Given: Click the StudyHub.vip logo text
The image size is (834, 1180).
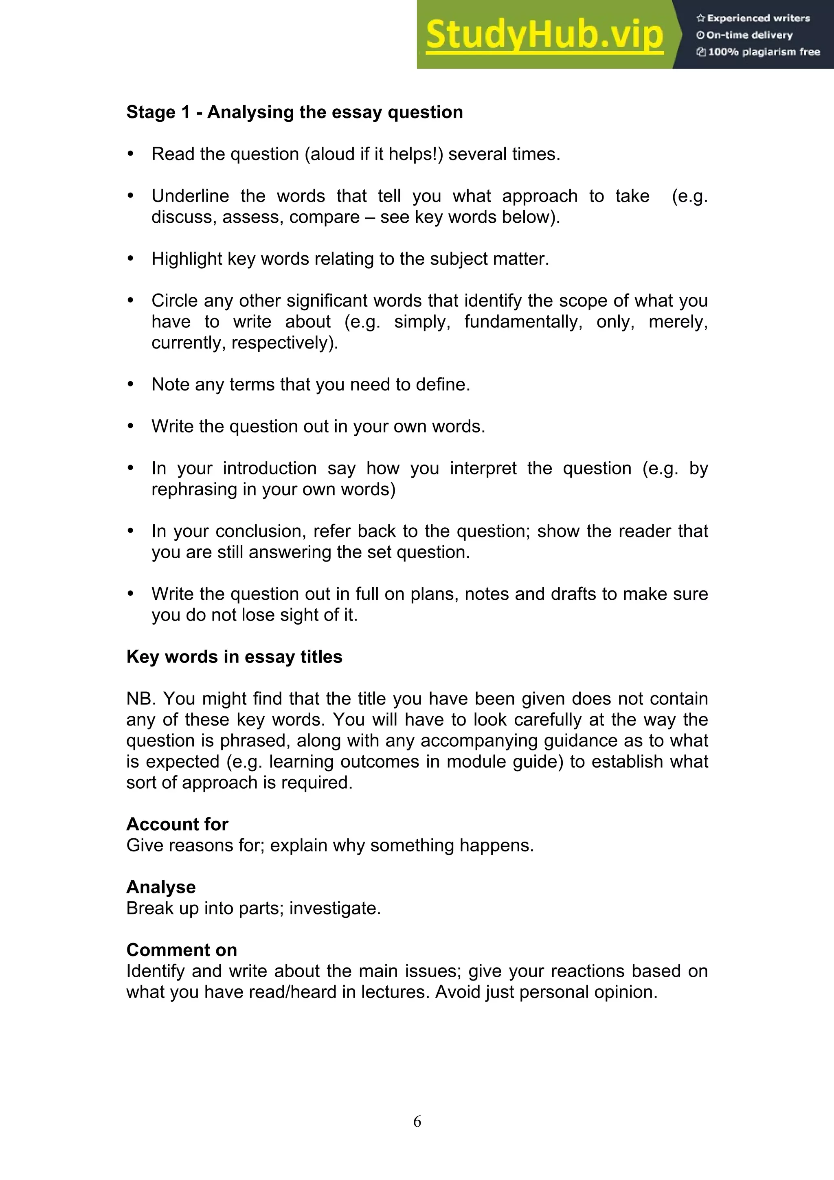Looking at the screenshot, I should tap(544, 35).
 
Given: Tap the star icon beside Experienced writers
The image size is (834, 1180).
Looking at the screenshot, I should tap(700, 18).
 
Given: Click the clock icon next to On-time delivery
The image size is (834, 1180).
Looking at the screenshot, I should tap(700, 35).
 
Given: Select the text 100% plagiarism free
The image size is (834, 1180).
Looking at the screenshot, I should tap(764, 52).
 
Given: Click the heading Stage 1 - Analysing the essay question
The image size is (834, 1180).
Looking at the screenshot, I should tap(294, 112).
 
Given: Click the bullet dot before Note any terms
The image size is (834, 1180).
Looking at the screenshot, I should tap(131, 384).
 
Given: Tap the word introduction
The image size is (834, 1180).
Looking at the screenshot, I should tap(269, 468).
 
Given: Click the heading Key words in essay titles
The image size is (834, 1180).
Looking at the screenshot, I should tap(234, 657).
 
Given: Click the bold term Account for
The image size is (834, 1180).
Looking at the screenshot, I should tap(177, 825).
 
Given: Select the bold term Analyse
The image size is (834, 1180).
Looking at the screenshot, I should tap(161, 887).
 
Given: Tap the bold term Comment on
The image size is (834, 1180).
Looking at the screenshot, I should tap(181, 950).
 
